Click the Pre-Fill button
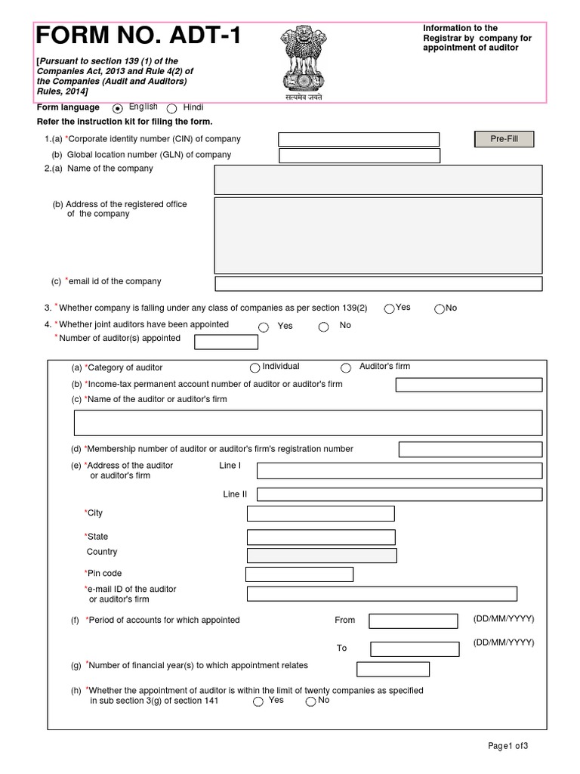[504, 139]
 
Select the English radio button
[118, 109]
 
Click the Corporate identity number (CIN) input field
[359, 139]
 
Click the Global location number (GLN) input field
[359, 156]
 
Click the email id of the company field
[378, 283]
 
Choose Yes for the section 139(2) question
[389, 308]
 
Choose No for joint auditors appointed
[323, 327]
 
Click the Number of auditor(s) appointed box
[226, 342]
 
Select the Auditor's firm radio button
[346, 368]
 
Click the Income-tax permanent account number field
[469, 385]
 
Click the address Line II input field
[399, 495]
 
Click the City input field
[320, 514]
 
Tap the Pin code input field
[299, 574]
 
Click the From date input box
[412, 621]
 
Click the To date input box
[415, 649]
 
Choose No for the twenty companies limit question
[310, 701]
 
